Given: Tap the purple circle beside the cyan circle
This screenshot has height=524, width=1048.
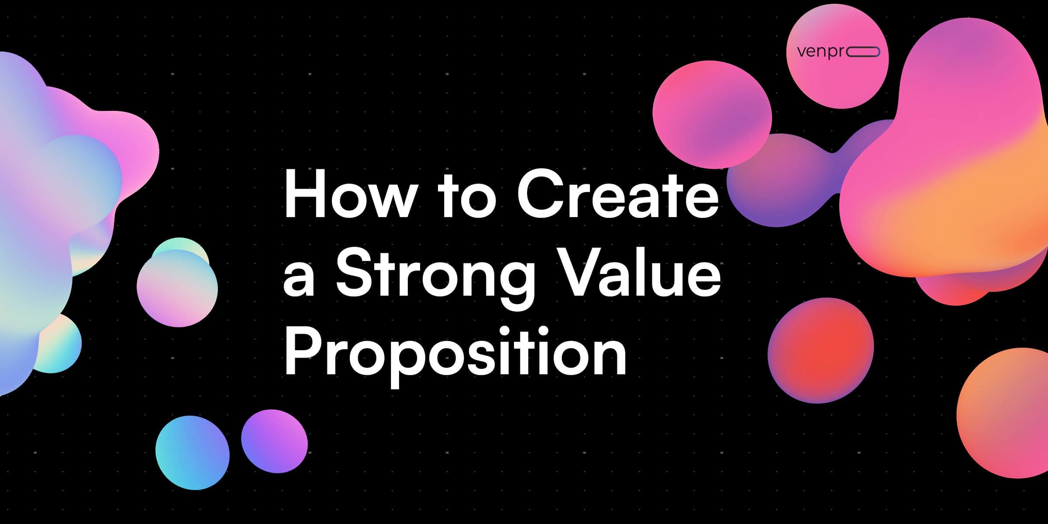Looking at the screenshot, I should (x=274, y=441).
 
